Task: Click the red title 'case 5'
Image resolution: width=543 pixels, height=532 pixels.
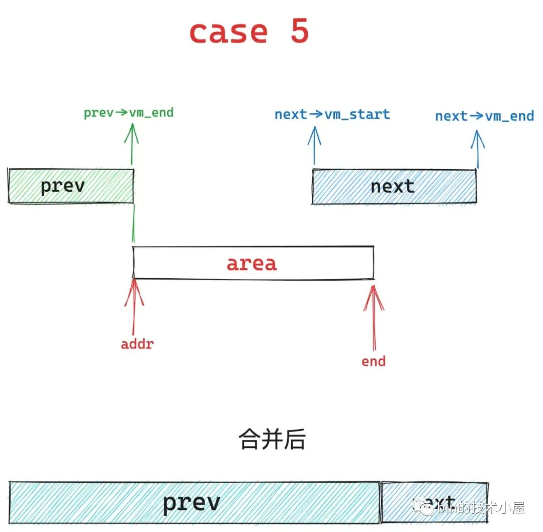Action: (x=249, y=32)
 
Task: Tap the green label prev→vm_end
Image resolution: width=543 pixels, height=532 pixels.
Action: (x=129, y=112)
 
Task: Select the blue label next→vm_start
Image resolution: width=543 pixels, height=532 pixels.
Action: (x=332, y=114)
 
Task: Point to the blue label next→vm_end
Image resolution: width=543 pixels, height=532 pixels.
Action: (x=484, y=116)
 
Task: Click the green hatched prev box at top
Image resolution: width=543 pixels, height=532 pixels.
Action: (x=71, y=186)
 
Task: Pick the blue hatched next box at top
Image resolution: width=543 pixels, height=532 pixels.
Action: (x=393, y=186)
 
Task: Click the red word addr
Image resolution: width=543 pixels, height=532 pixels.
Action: (x=137, y=345)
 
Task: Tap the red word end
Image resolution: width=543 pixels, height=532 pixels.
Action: (x=374, y=361)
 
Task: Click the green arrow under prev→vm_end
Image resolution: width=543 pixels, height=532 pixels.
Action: (x=132, y=143)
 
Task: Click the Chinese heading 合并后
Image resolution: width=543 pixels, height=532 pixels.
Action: (x=271, y=439)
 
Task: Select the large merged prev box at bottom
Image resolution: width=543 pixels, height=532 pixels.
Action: (x=194, y=502)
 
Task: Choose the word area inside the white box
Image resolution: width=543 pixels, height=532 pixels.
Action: (x=251, y=263)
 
